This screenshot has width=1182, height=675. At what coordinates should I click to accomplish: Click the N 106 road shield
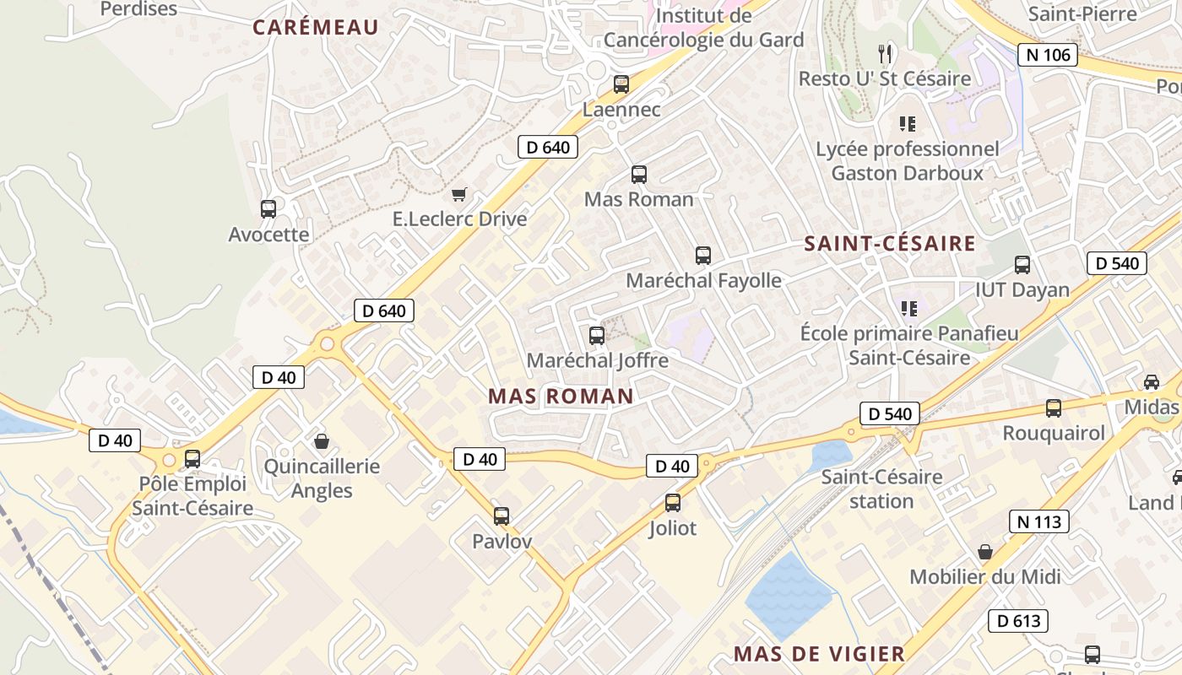1048,56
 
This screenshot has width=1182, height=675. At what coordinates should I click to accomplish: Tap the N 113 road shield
1038,521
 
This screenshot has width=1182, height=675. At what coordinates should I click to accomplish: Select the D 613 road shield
1018,621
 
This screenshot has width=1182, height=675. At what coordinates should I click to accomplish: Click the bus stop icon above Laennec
621,84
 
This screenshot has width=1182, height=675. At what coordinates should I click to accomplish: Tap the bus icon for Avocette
268,208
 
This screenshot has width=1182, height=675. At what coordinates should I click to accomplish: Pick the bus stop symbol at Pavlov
502,516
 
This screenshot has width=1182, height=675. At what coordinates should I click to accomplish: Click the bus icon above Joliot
673,503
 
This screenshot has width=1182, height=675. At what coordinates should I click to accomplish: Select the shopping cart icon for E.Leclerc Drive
458,195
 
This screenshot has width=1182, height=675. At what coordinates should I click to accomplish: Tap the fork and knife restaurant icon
885,54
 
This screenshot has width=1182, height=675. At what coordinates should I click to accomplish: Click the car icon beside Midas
1151,381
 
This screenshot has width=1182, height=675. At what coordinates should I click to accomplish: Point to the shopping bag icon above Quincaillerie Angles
322,441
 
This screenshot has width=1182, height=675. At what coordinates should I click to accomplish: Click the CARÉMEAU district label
316,27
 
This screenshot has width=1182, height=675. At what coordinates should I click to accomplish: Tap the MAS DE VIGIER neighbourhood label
819,653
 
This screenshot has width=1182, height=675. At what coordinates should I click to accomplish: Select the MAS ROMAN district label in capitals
561,396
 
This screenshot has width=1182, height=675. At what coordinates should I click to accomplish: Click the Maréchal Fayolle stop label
703,280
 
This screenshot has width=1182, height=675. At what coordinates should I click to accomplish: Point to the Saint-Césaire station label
881,489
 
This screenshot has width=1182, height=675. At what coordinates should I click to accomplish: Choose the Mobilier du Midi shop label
984,577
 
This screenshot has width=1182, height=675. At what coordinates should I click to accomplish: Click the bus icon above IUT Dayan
1022,265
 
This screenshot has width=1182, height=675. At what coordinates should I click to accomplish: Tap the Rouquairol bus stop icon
1054,408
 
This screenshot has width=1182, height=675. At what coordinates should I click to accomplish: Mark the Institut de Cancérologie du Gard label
703,28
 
